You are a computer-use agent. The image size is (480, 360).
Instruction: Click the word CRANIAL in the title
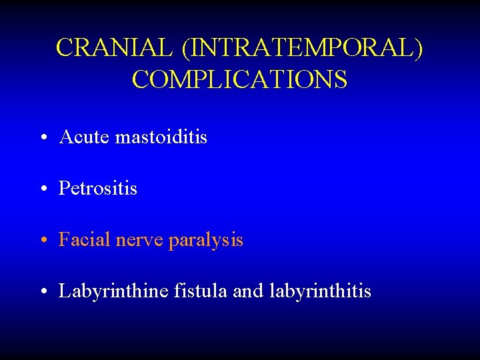[x=113, y=48]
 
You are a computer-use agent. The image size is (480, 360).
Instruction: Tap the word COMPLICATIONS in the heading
[x=239, y=79]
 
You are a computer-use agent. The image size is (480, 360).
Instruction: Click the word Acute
[x=85, y=137]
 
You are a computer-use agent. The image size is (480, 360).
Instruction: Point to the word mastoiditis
[x=161, y=137]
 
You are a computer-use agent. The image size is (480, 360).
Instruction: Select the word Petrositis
[x=98, y=189]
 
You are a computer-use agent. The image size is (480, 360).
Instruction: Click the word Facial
[x=85, y=239]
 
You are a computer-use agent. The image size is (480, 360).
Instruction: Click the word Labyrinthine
[x=113, y=291]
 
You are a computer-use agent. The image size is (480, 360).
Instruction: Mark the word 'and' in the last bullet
[x=249, y=291]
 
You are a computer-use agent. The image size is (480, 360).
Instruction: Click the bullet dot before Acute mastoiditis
[x=42, y=139]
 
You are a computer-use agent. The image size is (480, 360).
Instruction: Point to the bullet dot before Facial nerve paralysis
[x=42, y=241]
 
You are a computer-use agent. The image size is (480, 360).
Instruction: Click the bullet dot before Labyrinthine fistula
[x=42, y=292]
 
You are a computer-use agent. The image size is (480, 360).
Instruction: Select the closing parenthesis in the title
[x=419, y=49]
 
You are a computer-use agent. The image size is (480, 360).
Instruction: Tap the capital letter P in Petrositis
[x=65, y=189]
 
